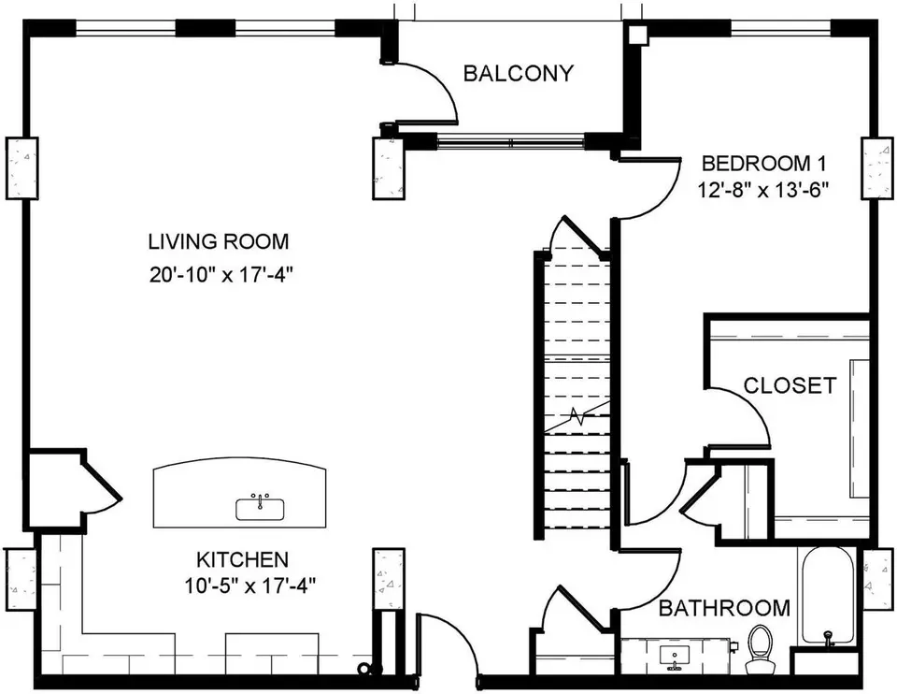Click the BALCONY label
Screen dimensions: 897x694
point(518,73)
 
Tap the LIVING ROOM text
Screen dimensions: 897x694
point(219,241)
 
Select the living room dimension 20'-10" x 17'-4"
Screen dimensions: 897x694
point(221,275)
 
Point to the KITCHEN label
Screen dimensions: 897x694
point(242,559)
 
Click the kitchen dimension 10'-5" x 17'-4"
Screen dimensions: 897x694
point(250,586)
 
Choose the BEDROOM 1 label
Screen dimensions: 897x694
point(763,164)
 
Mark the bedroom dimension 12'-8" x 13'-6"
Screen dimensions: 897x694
point(763,189)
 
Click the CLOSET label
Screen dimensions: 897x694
point(790,385)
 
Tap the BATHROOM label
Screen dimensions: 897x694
point(724,608)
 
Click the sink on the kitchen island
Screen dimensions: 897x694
point(261,506)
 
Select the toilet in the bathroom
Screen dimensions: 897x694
point(761,649)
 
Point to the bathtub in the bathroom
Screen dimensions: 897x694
point(827,597)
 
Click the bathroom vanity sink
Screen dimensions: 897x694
point(675,657)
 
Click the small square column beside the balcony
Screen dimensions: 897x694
point(636,34)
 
